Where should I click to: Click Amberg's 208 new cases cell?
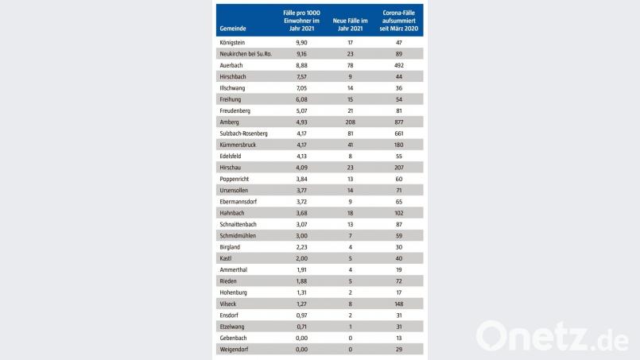tap(350, 122)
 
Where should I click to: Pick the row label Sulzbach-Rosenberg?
tap(243, 133)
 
